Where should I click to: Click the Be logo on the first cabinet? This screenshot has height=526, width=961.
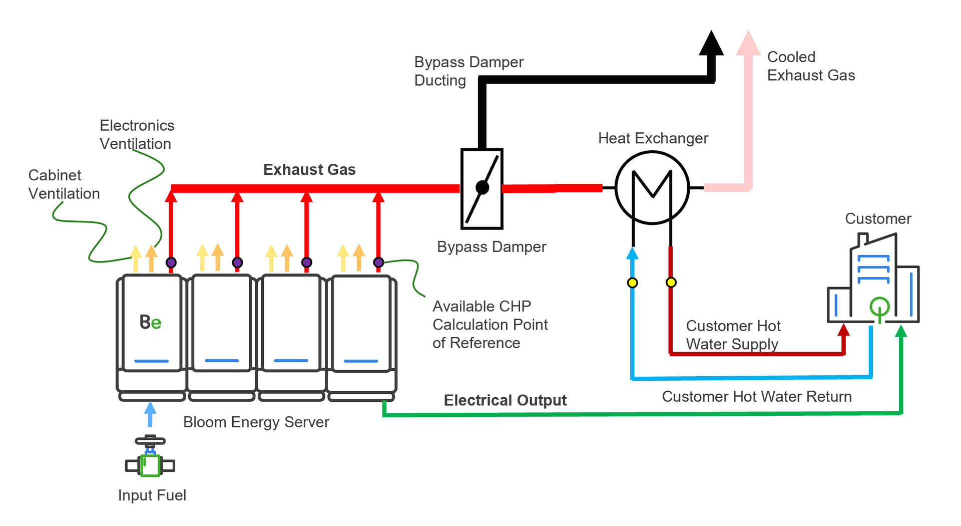click(150, 322)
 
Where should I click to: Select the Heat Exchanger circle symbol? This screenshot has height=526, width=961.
click(652, 188)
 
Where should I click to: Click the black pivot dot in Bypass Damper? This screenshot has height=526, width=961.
click(482, 187)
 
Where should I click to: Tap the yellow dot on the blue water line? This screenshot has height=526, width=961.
click(632, 283)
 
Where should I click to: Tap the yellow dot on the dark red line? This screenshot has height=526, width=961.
click(671, 283)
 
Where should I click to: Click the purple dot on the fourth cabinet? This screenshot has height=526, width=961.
click(378, 262)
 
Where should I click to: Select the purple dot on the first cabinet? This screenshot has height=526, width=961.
click(171, 262)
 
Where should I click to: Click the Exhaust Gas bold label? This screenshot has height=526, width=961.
click(309, 170)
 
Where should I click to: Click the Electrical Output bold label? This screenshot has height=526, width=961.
click(505, 400)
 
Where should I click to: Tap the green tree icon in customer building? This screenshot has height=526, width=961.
click(879, 307)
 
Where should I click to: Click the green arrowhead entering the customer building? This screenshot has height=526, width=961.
click(900, 331)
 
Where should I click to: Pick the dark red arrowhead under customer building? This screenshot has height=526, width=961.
click(844, 330)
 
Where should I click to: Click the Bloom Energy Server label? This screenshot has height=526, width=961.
click(256, 422)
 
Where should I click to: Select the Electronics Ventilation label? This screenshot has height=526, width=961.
click(137, 134)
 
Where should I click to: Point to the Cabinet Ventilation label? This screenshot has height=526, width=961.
click(64, 184)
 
